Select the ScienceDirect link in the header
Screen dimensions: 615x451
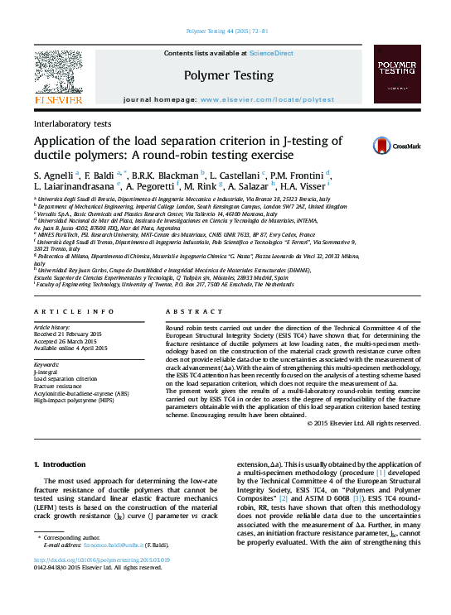271,53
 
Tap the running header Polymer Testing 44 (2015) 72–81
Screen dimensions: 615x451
225,31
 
